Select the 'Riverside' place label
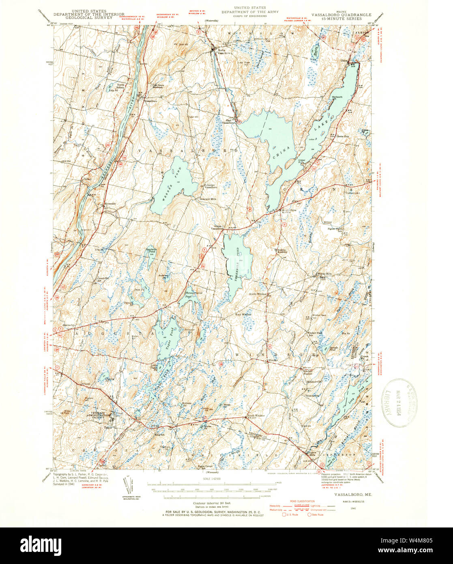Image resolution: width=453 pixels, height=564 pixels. click(110, 203)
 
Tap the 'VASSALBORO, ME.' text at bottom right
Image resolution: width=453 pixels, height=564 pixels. click(351, 495)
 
